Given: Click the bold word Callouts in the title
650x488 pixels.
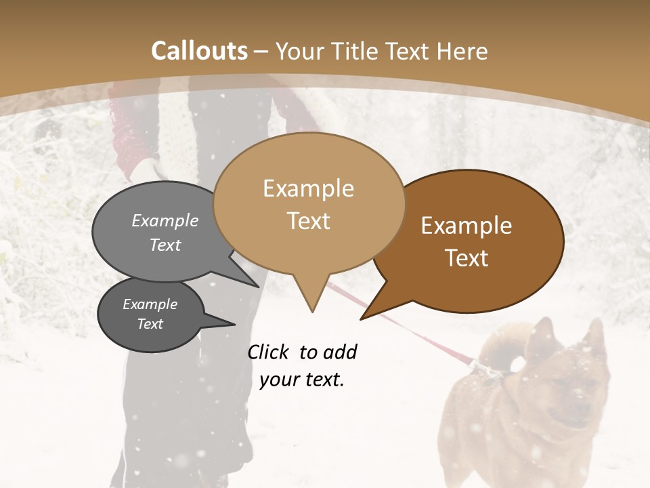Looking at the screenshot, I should tap(199, 51).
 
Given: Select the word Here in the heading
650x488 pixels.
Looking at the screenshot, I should tap(463, 51).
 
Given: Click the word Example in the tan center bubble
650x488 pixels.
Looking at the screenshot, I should tap(308, 188).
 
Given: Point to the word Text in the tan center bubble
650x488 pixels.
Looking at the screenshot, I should tap(308, 221).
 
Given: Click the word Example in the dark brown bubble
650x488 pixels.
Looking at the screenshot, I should tap(467, 226).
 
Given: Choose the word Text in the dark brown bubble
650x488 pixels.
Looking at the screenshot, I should tap(467, 258).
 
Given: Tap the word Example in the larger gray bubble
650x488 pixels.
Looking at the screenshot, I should tap(165, 221).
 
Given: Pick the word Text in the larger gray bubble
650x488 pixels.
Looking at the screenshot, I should tap(165, 245).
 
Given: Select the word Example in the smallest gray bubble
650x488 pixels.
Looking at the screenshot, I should tap(150, 304).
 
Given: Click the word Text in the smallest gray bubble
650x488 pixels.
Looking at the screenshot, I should tap(150, 324).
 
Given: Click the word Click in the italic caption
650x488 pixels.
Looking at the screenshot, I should tap(267, 352).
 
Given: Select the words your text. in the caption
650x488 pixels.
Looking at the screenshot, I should tap(302, 380).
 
